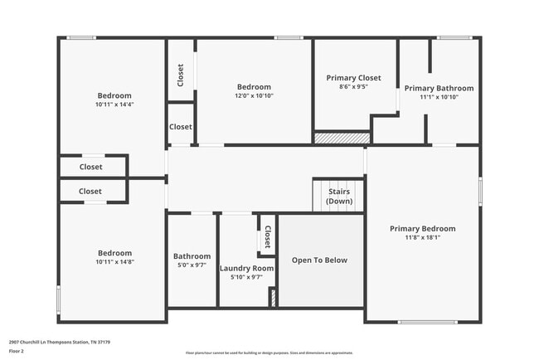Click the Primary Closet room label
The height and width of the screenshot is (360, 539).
352,78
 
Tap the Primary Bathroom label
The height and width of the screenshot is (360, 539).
439,89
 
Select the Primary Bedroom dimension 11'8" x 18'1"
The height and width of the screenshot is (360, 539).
423,237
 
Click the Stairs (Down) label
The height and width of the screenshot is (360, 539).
338,197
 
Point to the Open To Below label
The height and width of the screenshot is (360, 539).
319,260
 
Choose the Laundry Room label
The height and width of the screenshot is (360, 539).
246,269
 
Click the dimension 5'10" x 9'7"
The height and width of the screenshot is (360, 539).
246,277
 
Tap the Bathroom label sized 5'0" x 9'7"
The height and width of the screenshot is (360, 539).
192,256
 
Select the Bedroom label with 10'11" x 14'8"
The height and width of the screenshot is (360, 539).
114,253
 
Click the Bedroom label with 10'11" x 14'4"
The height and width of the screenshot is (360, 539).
114,95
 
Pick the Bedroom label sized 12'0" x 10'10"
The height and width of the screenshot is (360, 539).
254,87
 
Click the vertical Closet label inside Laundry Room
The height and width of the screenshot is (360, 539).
267,239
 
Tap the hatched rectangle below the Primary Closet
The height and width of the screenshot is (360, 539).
342,138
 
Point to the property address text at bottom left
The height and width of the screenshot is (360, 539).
60,342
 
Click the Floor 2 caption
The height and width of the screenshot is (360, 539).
17,351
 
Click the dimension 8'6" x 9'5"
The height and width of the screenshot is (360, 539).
352,86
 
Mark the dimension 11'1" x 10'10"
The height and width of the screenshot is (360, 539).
439,97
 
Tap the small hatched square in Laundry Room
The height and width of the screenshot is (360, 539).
273,298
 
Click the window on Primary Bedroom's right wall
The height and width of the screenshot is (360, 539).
479,191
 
